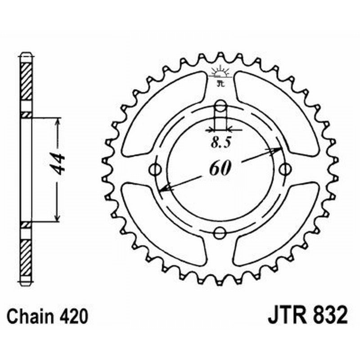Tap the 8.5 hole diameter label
[x=220, y=144]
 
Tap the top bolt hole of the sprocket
[x=220, y=107]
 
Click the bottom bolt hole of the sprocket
[x=220, y=233]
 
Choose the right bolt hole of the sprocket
[x=283, y=170]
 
